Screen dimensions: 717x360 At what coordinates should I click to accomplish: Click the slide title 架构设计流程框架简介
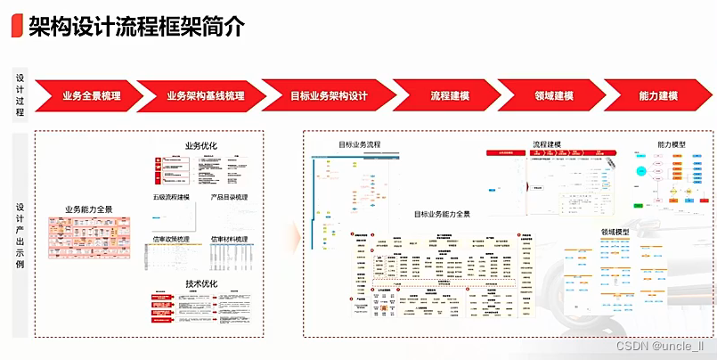(x=134, y=26)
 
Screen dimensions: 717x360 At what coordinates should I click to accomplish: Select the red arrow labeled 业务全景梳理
(x=91, y=96)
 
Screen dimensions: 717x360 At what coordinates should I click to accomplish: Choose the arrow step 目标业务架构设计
(x=329, y=96)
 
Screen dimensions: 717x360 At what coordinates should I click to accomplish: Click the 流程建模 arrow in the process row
(x=450, y=96)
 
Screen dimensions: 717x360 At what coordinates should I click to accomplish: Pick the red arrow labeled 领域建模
(x=553, y=96)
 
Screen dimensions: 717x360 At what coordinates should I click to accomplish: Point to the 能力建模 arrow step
(x=658, y=96)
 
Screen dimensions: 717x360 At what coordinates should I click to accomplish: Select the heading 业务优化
(x=200, y=146)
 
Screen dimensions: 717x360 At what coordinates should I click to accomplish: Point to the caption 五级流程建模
(x=171, y=197)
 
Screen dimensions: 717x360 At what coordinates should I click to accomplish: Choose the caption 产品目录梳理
(x=229, y=197)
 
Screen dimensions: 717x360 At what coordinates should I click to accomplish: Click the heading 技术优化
(x=200, y=284)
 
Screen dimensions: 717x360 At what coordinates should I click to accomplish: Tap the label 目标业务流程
(x=359, y=144)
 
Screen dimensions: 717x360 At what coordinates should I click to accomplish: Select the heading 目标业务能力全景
(x=442, y=214)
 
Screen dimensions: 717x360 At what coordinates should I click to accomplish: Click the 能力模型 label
(x=672, y=144)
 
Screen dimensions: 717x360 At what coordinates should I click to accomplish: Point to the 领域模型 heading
(x=615, y=232)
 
